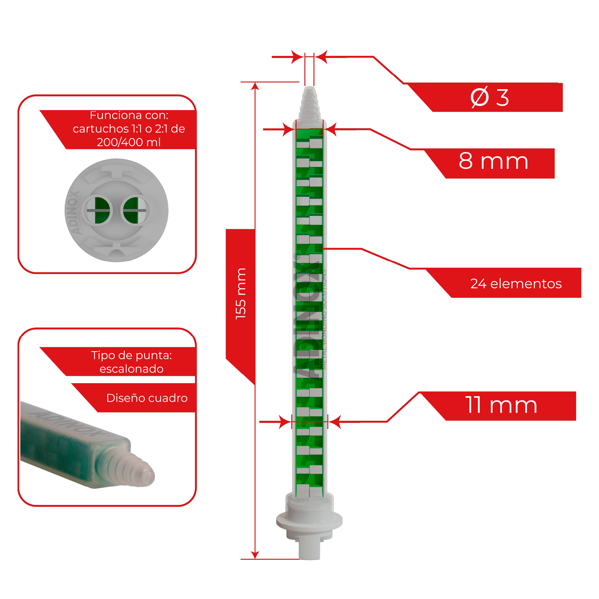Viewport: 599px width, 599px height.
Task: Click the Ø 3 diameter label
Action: coord(489,97)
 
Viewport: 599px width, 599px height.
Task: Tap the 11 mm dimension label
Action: coord(501,405)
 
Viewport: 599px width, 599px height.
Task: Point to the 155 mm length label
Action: coord(241,294)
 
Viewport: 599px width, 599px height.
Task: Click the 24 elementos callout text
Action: coord(516,284)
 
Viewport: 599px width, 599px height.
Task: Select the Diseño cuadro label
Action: coord(147,398)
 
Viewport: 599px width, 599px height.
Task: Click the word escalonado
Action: coord(131,369)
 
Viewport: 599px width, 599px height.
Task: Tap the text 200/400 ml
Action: coord(129,142)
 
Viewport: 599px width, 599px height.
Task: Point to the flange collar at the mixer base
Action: coord(309,521)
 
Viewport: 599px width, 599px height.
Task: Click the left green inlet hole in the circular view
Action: coord(98,211)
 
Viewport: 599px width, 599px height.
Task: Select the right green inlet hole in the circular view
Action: coord(135,211)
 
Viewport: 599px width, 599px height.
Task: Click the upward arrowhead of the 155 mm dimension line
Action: coord(255,86)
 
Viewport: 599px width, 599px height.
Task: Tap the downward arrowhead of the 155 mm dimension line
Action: coord(255,555)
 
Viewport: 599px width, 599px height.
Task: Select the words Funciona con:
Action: coord(129,115)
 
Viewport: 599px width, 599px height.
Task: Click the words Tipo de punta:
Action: coord(131,355)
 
